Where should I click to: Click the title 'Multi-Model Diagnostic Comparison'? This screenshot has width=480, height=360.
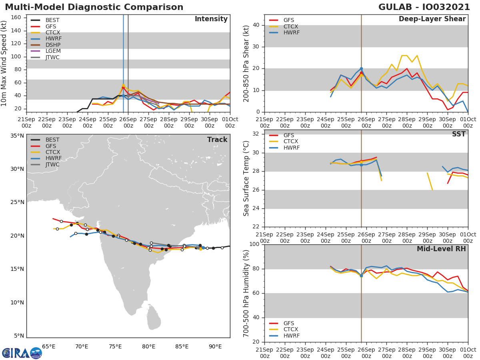point(94,7)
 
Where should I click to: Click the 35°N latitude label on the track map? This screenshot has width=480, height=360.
point(16,136)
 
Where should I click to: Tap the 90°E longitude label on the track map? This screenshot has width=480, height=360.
point(215,346)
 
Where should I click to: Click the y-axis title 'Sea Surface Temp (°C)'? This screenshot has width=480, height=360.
point(246,178)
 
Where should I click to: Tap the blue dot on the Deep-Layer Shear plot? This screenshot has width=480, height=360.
point(361,69)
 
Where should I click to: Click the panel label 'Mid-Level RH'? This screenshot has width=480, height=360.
point(441,249)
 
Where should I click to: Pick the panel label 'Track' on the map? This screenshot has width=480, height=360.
point(217,140)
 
